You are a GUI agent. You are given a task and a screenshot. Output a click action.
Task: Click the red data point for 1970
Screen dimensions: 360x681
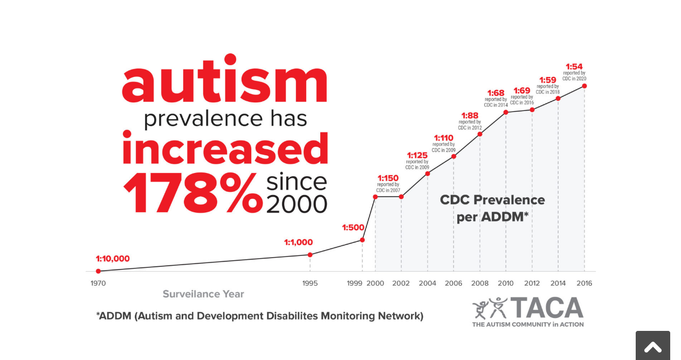[x=98, y=271]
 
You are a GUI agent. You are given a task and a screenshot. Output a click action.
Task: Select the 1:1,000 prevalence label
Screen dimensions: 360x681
[x=298, y=243]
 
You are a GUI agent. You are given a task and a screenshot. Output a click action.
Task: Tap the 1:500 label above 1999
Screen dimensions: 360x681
[x=353, y=227]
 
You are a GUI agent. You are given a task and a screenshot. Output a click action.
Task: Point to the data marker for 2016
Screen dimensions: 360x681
[x=584, y=86]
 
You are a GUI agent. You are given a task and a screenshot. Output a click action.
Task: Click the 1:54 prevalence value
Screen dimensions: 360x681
[x=574, y=67]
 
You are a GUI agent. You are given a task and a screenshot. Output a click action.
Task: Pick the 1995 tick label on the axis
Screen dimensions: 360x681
[x=310, y=283]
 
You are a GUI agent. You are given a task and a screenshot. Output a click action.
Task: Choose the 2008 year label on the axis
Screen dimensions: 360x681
[x=480, y=283]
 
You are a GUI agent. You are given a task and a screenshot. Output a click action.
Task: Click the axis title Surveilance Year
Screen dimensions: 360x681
[x=203, y=294]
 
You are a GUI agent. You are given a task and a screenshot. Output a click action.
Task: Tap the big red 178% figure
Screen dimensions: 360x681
[x=192, y=193]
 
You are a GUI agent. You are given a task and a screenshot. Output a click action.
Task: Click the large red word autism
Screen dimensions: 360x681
[x=224, y=79]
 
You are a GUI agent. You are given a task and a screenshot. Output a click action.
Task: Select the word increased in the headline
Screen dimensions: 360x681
[x=225, y=148]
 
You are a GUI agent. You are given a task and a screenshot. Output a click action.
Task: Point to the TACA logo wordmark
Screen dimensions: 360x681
[x=547, y=308]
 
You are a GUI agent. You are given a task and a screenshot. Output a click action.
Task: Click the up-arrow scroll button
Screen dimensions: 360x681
[x=652, y=347]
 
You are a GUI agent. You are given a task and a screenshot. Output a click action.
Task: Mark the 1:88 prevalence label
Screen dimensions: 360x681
[x=470, y=115]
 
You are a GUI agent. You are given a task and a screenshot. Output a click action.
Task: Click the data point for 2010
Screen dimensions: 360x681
[x=506, y=112]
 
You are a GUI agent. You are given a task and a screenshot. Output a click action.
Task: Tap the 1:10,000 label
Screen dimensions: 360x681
[x=113, y=259]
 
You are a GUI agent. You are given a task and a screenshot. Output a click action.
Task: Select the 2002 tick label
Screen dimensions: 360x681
[x=401, y=283]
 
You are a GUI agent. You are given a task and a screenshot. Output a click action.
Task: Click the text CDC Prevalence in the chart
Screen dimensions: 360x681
[x=492, y=200]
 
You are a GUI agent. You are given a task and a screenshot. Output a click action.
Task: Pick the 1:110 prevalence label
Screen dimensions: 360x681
[x=444, y=138]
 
